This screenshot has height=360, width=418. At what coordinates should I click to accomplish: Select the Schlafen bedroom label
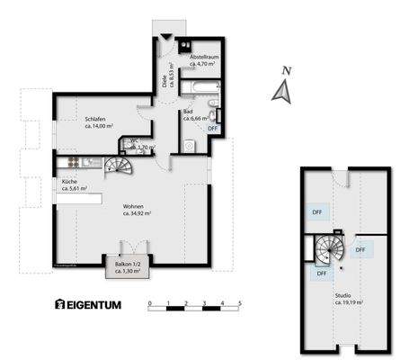click(96, 119)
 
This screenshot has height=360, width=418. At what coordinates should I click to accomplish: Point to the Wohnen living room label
click(137, 206)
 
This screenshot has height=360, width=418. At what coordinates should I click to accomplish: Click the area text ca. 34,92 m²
click(137, 214)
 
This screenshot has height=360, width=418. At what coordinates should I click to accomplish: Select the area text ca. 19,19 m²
click(347, 303)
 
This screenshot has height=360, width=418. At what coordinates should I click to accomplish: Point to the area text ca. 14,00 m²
click(100, 127)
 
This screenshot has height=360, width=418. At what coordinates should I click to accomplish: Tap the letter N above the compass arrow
click(285, 70)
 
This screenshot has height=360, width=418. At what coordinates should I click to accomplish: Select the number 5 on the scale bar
click(240, 302)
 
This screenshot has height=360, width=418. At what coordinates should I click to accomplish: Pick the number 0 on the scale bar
click(150, 302)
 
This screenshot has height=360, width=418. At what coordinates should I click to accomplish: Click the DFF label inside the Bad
click(213, 129)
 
